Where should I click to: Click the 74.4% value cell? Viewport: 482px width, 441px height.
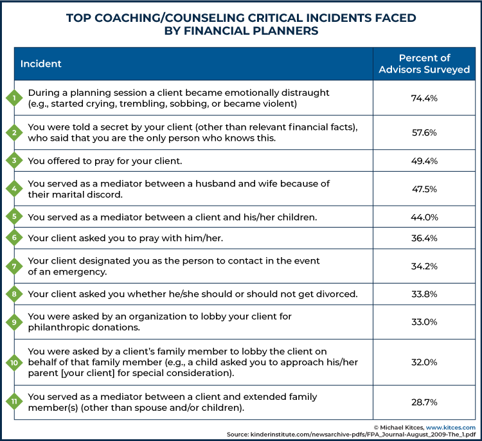[x=424, y=98]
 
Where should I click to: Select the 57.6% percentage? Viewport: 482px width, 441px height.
[x=424, y=132]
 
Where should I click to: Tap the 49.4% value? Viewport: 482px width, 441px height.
[x=424, y=161]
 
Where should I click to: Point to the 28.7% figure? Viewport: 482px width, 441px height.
[x=424, y=402]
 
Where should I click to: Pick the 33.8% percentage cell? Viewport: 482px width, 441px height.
[x=424, y=294]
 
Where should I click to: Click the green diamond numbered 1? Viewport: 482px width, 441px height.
[x=14, y=98]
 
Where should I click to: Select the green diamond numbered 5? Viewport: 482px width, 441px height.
[x=14, y=217]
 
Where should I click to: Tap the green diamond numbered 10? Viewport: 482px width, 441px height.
[x=14, y=363]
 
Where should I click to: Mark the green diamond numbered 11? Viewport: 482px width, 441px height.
[x=14, y=401]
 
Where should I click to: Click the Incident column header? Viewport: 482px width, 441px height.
[x=41, y=64]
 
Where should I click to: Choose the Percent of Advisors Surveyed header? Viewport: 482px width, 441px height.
[x=424, y=64]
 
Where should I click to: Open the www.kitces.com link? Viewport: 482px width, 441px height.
[x=451, y=428]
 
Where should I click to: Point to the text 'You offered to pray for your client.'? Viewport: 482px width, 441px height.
[x=105, y=161]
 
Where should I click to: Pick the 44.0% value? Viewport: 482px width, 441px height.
[x=424, y=217]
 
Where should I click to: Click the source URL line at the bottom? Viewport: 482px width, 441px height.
[x=351, y=435]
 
